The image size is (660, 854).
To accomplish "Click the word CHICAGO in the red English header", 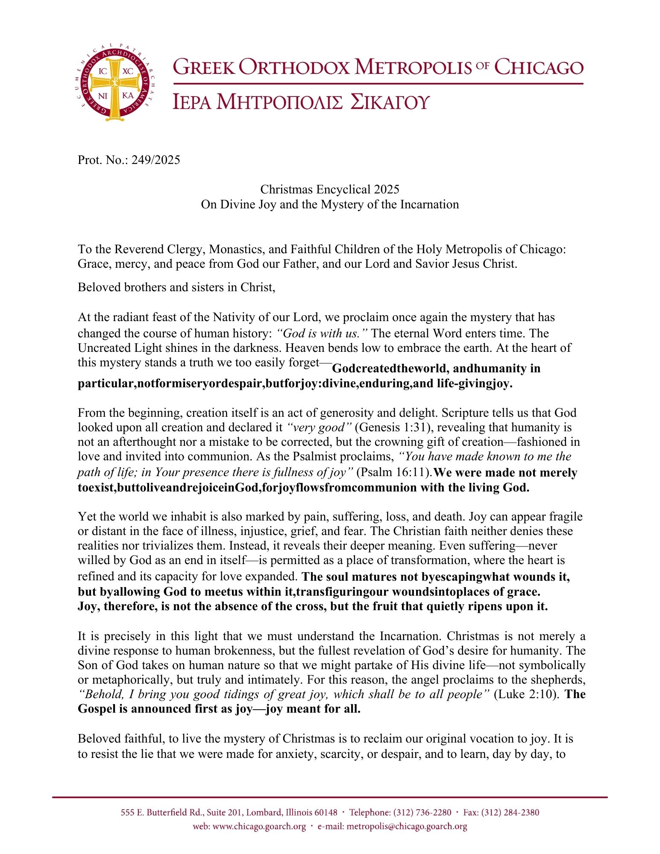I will [x=539, y=68].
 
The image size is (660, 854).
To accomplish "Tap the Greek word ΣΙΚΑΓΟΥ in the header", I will [x=389, y=102].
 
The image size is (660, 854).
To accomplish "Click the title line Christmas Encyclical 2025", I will [x=330, y=189].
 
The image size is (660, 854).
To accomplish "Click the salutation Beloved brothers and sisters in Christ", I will [x=176, y=287].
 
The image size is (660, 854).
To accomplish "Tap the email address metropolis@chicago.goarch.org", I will [x=407, y=827].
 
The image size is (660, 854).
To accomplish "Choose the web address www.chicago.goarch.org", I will [x=259, y=827].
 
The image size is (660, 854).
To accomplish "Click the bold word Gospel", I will [x=99, y=709].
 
